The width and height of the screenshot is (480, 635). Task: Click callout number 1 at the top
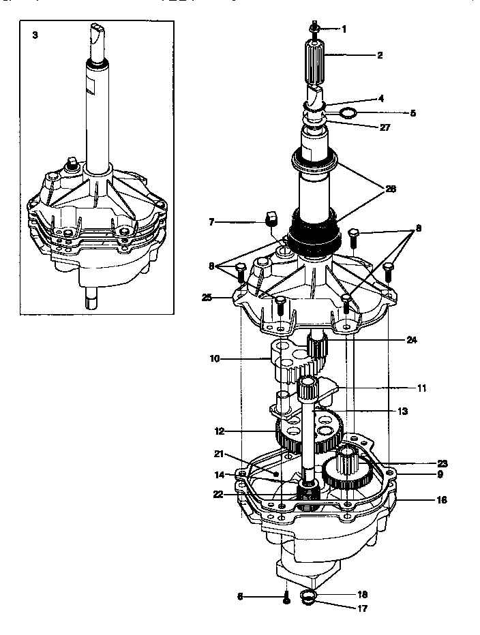344,29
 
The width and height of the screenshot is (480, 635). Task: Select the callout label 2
380,55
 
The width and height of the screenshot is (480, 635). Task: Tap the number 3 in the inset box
35,34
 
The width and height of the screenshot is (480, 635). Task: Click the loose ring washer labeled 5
348,112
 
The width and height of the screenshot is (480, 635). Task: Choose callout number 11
421,388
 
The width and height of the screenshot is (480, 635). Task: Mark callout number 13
402,412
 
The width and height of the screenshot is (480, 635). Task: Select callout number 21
218,454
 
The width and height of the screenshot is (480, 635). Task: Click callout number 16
442,499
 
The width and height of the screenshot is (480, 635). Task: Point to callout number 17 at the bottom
362,608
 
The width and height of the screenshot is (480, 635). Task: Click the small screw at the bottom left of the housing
286,599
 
